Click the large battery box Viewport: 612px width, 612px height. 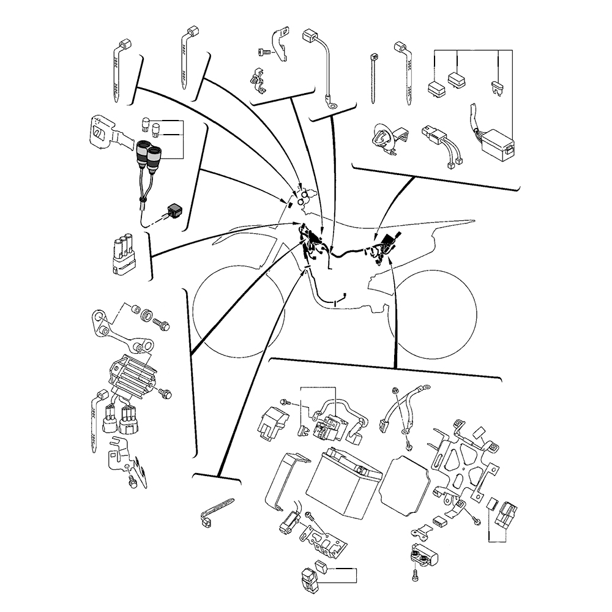click(x=345, y=483)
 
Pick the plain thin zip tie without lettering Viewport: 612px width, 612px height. click(x=372, y=80)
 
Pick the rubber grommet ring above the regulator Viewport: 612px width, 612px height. click(x=146, y=317)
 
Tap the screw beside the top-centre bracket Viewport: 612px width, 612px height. click(x=264, y=54)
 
